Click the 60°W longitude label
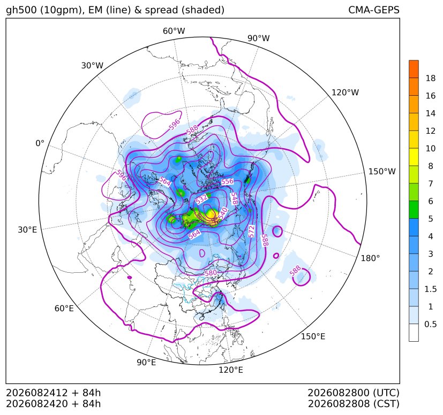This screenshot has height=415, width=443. [x=174, y=31]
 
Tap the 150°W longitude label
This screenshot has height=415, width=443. [x=382, y=172]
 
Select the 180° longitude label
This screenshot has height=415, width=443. [x=370, y=258]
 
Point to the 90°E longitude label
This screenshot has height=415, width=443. [x=146, y=363]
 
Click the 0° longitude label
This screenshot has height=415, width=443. [x=40, y=143]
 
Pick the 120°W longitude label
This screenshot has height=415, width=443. [x=345, y=93]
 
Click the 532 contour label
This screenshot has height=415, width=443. [x=201, y=199]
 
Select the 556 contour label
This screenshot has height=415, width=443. [x=228, y=181]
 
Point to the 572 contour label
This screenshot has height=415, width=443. [x=251, y=232]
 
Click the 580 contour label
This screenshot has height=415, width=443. [x=211, y=273]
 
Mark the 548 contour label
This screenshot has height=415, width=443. [x=234, y=198]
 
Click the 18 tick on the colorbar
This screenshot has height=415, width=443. [x=431, y=79]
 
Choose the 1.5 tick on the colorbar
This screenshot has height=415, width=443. [x=431, y=289]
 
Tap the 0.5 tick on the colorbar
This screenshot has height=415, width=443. [x=431, y=324]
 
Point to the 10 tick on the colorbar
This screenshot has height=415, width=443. [x=431, y=148]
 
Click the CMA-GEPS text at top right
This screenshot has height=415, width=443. [x=374, y=10]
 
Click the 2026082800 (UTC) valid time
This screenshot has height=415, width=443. [x=354, y=393]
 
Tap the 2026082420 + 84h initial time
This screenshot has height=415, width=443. [x=54, y=404]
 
